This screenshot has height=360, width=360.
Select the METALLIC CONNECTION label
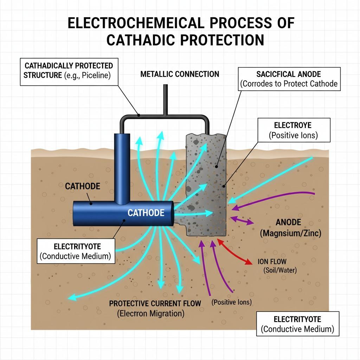(180, 74)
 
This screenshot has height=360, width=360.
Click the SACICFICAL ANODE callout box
(289, 79)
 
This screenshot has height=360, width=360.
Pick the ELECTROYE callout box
(294, 130)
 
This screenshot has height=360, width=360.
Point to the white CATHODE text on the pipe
(146, 213)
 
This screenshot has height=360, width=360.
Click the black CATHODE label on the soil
(82, 186)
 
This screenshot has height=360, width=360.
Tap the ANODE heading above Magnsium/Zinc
(288, 222)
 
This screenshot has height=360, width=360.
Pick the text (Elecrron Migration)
(150, 314)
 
